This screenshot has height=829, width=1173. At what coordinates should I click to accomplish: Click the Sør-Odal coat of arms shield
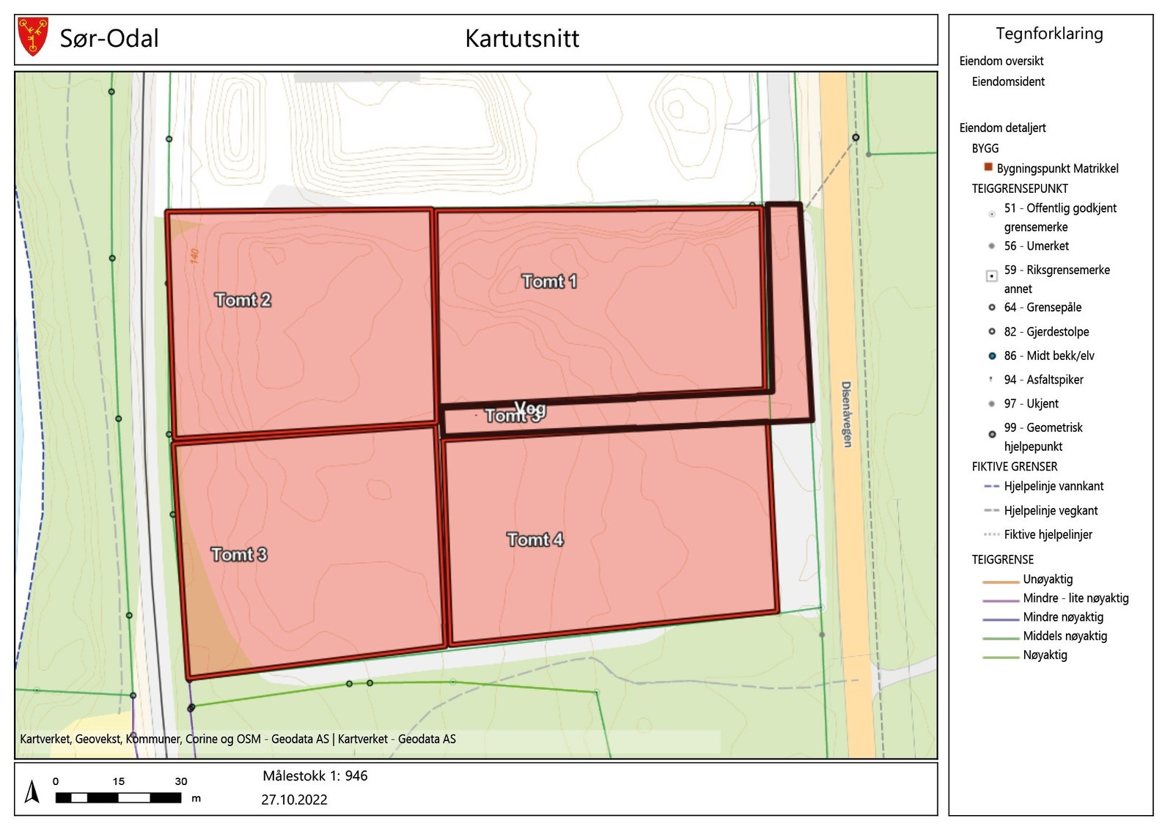[32, 37]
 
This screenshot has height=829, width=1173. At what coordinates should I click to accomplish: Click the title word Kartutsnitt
[522, 39]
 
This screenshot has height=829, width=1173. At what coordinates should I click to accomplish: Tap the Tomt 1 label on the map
[549, 281]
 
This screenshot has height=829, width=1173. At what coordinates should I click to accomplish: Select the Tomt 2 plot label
[243, 300]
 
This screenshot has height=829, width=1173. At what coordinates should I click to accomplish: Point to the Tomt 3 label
[239, 554]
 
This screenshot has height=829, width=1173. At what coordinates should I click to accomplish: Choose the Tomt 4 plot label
[535, 539]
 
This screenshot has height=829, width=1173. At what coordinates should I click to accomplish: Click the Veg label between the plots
[531, 408]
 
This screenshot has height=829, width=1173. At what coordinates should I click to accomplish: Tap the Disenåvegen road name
[847, 414]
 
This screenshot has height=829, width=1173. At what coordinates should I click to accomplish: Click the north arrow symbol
[32, 792]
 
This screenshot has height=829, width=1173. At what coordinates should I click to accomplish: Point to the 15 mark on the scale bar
[118, 781]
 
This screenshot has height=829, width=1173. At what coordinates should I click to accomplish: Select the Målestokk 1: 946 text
[315, 775]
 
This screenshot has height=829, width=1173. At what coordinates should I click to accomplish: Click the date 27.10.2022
[294, 800]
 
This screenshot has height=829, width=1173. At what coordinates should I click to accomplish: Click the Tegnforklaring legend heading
[1049, 34]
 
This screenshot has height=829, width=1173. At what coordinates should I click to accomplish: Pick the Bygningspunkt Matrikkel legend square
[988, 168]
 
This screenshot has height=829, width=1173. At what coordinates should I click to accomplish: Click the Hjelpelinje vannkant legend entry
[1054, 486]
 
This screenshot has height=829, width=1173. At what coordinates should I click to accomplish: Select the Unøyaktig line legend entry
[1048, 579]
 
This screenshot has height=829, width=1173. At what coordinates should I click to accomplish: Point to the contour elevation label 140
[194, 256]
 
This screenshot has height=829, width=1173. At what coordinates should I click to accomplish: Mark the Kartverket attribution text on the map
[238, 739]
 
